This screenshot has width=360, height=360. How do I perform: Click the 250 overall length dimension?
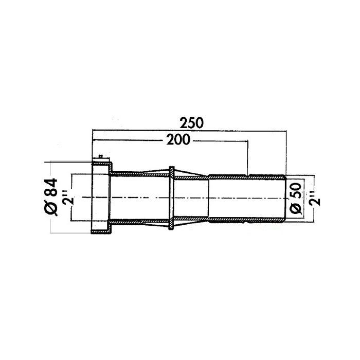tap(191, 123)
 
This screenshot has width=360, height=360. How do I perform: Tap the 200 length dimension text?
tap(178, 139)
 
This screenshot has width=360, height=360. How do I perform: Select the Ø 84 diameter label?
tap(51, 197)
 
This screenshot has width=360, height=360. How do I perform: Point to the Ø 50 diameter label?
tap(295, 198)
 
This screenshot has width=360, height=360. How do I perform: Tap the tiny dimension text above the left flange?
tap(100, 156)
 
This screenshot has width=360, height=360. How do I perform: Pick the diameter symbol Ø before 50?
tap(295, 208)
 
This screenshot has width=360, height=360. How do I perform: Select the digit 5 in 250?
tap(191, 123)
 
